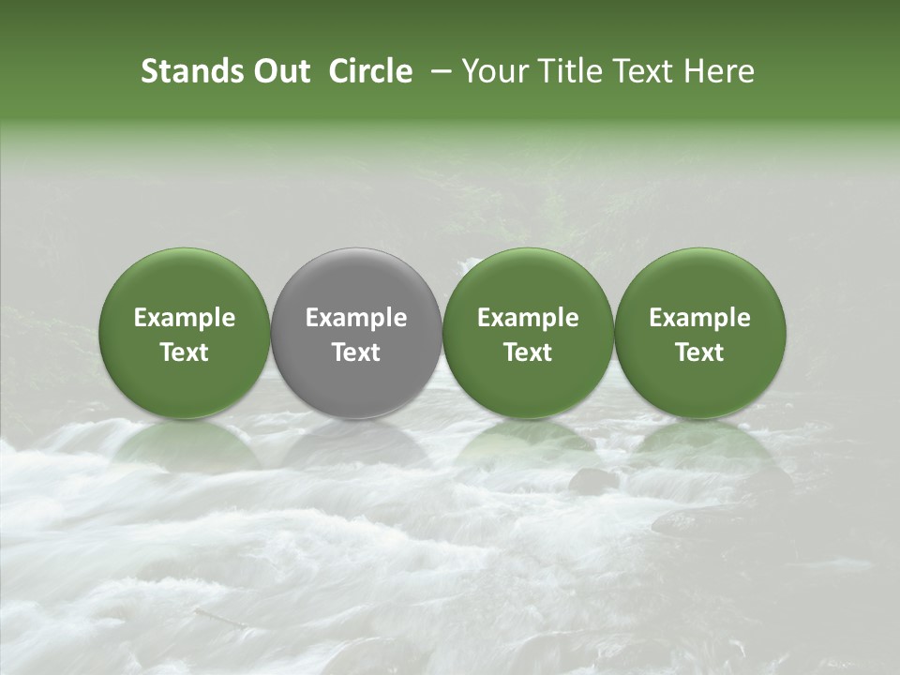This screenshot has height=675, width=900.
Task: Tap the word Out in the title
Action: click(x=279, y=71)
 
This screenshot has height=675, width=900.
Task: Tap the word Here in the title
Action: click(x=723, y=71)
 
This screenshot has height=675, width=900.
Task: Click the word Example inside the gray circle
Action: click(x=356, y=318)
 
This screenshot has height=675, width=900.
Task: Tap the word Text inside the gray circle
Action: click(x=356, y=352)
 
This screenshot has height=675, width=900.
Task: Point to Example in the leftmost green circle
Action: click(x=185, y=318)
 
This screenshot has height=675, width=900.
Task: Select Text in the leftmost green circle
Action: click(x=185, y=352)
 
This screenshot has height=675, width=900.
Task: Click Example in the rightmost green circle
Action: click(x=700, y=318)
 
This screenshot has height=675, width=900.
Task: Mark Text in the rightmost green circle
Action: click(x=700, y=352)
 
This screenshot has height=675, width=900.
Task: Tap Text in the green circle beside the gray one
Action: click(x=528, y=352)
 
